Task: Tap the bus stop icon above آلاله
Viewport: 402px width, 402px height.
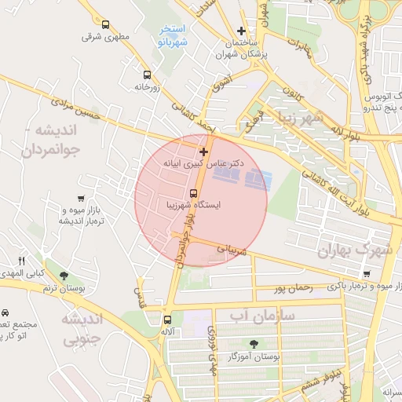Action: (167, 320)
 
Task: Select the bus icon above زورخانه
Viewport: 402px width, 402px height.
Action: (147, 75)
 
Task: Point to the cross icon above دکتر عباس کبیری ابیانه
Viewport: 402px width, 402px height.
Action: (203, 151)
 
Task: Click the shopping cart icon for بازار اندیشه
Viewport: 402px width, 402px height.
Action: (82, 199)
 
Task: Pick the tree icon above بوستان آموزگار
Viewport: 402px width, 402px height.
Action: (253, 344)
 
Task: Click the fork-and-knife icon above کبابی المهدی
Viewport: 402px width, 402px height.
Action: (22, 261)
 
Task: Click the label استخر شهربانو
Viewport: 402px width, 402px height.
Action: (172, 35)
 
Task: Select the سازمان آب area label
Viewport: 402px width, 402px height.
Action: (261, 316)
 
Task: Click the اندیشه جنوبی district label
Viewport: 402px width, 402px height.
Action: (81, 329)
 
